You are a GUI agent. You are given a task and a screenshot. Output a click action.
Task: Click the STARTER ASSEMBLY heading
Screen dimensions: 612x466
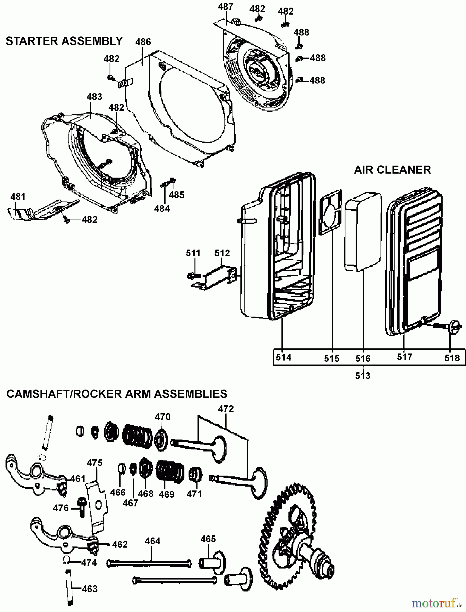tap(64, 41)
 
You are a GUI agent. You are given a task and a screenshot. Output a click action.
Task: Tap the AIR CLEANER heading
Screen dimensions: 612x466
tap(392, 169)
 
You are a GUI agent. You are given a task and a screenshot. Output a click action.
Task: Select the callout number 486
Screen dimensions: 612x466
tap(143, 42)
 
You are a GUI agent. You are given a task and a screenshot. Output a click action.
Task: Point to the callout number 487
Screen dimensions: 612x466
tap(226, 7)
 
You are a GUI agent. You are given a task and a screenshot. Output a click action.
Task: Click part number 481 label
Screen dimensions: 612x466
tap(18, 197)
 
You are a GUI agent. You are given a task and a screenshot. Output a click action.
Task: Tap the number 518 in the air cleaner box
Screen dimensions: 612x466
tap(452, 358)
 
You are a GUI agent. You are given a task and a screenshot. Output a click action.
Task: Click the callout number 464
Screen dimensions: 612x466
tap(153, 541)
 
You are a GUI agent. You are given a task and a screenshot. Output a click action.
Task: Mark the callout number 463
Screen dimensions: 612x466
tap(90, 589)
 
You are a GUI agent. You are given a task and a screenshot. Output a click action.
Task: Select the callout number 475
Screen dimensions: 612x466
tap(94, 463)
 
